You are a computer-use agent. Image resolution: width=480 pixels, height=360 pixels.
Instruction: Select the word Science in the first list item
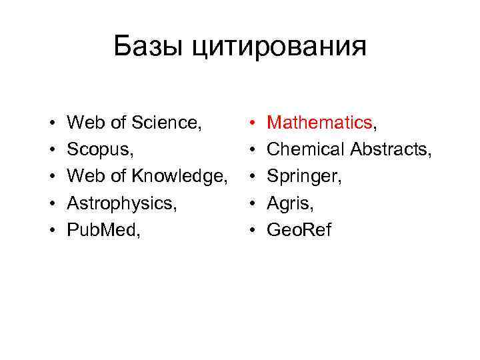point(167,123)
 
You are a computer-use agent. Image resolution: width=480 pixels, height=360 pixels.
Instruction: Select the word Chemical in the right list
point(306,150)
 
